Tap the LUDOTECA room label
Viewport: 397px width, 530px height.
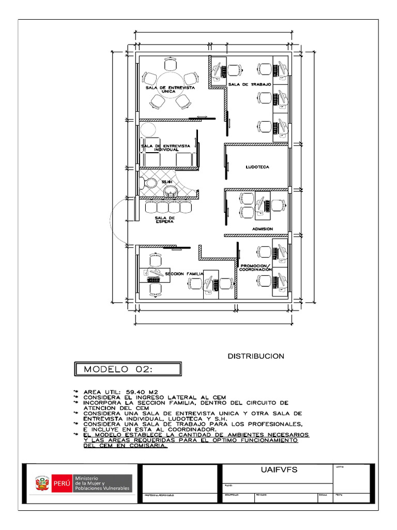point(257,167)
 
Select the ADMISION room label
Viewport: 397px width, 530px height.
point(263,228)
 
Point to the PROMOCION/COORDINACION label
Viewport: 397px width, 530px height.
point(255,268)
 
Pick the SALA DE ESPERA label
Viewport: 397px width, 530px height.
point(164,220)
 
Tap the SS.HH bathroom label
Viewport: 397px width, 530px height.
point(166,183)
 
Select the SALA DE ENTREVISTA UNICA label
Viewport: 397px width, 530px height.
point(170,90)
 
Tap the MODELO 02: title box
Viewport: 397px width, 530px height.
point(126,369)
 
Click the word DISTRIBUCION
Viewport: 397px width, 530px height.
point(256,356)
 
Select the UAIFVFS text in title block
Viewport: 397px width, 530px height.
point(277,470)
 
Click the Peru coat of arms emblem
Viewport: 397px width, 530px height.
point(40,484)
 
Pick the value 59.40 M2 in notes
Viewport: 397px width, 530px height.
point(144,392)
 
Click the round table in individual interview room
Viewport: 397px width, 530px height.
point(148,129)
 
